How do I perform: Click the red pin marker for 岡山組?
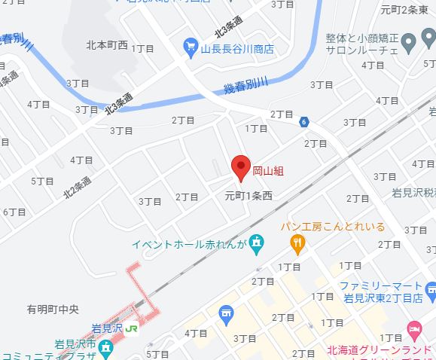240,167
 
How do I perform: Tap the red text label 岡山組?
267,172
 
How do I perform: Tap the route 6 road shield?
303,121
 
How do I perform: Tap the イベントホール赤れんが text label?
189,243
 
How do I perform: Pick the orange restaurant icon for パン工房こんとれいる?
297,243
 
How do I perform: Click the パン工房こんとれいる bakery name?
333,227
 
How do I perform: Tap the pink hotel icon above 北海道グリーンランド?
413,329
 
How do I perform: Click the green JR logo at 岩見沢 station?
132,328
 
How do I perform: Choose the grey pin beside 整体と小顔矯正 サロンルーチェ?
409,41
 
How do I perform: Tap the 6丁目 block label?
14,212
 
